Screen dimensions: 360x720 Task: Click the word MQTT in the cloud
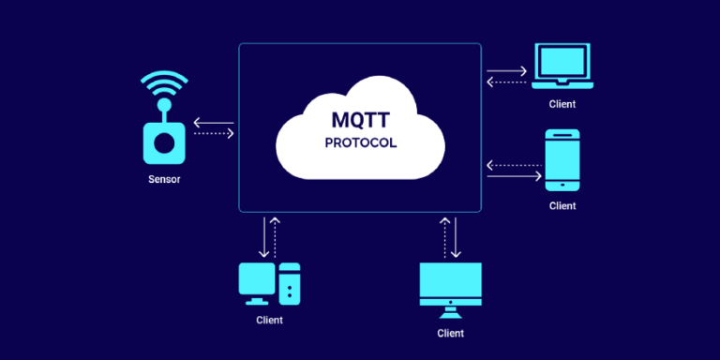360,121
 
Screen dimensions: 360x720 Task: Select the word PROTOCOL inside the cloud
360,143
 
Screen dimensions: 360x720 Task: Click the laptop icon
562,66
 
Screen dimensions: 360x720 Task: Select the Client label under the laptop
562,104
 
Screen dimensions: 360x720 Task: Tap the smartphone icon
562,159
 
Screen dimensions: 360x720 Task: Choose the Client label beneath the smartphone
562,205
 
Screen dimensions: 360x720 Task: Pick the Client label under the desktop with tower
269,320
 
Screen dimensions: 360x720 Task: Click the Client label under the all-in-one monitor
450,333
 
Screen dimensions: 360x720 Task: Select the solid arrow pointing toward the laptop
507,69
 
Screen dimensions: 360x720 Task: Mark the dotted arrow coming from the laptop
507,82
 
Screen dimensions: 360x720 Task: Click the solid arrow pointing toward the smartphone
515,175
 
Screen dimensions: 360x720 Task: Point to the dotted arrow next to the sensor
213,134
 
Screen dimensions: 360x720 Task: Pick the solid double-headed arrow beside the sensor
213,121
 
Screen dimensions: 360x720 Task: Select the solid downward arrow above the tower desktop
264,238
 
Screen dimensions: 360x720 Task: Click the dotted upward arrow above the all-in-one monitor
444,238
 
